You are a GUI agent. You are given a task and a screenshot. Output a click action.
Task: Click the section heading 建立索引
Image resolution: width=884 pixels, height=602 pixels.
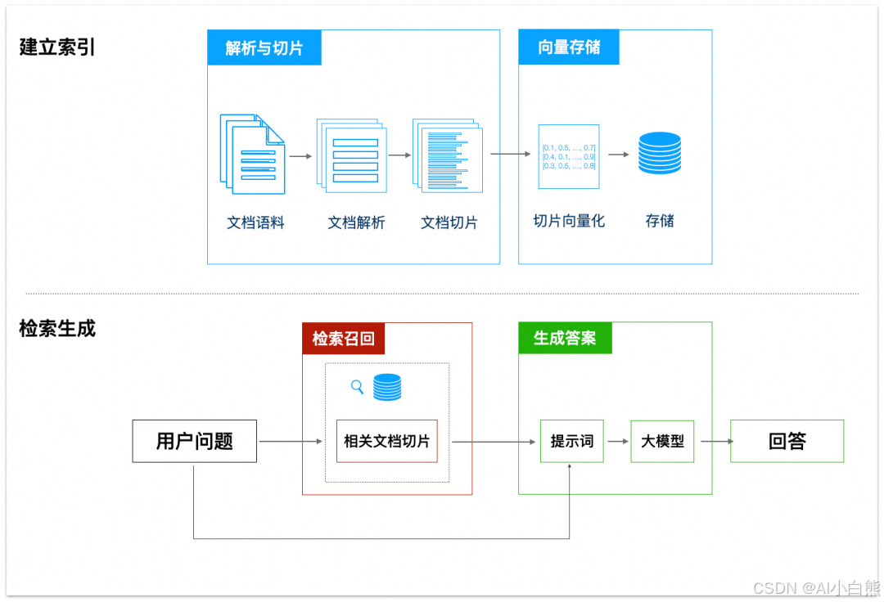[x=57, y=47]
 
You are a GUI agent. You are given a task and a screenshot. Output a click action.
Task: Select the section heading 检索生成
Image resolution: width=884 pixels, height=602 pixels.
[x=57, y=329]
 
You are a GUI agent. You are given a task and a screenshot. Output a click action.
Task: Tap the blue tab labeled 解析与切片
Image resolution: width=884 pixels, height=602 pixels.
[x=264, y=48]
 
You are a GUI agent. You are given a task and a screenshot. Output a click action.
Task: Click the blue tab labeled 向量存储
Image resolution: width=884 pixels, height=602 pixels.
[x=569, y=47]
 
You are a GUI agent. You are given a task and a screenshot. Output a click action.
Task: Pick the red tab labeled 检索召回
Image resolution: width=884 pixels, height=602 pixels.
[x=343, y=338]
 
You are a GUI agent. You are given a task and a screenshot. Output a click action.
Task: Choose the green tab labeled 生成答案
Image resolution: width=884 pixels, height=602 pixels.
[x=565, y=338]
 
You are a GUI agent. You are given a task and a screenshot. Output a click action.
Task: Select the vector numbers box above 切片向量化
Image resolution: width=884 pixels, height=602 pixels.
[x=569, y=157]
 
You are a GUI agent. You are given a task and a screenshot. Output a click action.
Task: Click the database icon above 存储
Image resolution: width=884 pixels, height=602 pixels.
[x=660, y=153]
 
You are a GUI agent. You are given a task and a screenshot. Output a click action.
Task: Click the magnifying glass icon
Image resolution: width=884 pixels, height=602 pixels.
[x=357, y=387]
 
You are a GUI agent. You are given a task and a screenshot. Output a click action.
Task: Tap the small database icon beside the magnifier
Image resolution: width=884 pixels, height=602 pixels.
[x=387, y=387]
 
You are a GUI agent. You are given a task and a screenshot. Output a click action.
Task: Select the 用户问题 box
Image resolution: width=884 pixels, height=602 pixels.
[x=195, y=442]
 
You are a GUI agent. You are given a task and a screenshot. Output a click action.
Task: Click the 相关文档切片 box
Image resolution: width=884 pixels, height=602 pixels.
[x=387, y=442]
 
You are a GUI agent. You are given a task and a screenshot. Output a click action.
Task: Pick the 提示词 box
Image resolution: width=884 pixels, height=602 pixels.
[x=571, y=442]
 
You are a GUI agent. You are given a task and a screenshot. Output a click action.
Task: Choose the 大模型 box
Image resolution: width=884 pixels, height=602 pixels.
[x=662, y=442]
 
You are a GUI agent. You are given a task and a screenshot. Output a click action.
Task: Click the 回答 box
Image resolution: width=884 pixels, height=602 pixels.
[x=787, y=442]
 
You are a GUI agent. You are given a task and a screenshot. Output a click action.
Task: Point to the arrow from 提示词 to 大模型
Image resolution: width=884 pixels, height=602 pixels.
[x=617, y=442]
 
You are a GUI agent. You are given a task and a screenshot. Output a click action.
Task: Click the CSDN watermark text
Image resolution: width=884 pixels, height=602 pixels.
[x=814, y=588]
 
